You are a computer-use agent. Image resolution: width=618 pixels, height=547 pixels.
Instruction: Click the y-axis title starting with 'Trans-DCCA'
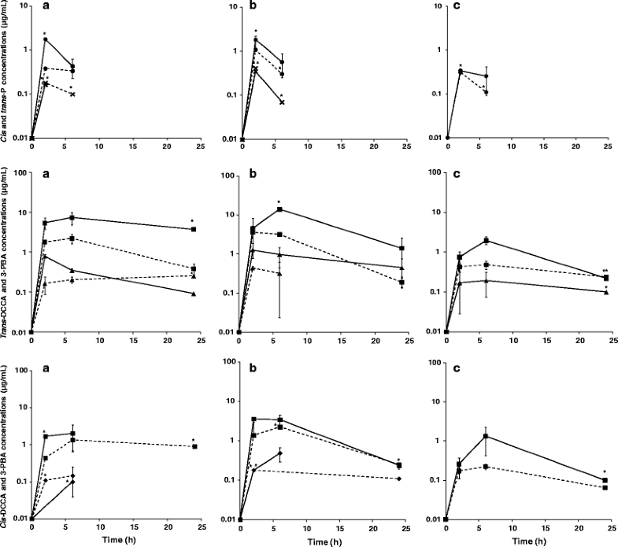6,252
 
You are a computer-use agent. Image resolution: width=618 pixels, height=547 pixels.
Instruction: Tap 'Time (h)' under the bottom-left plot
116,541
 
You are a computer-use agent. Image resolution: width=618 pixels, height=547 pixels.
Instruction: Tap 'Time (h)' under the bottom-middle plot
326,541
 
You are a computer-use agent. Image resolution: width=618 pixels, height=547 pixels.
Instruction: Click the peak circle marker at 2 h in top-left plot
45,39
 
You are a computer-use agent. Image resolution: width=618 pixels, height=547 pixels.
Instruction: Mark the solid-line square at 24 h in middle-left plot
194,229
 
